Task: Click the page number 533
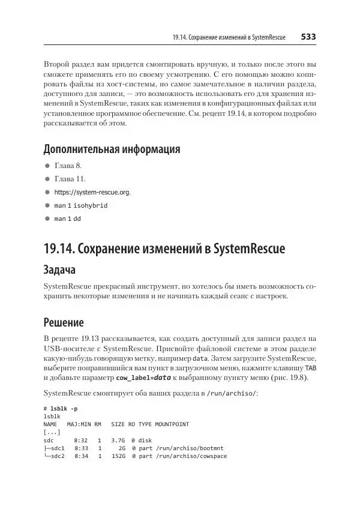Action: (308, 37)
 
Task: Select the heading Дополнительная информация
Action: (112, 149)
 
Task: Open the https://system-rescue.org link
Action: (92, 192)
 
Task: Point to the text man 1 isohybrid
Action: (81, 205)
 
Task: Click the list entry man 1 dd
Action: (67, 218)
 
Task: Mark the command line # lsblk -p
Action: (60, 408)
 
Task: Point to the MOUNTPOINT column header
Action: (172, 424)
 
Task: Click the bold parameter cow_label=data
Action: (143, 378)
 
